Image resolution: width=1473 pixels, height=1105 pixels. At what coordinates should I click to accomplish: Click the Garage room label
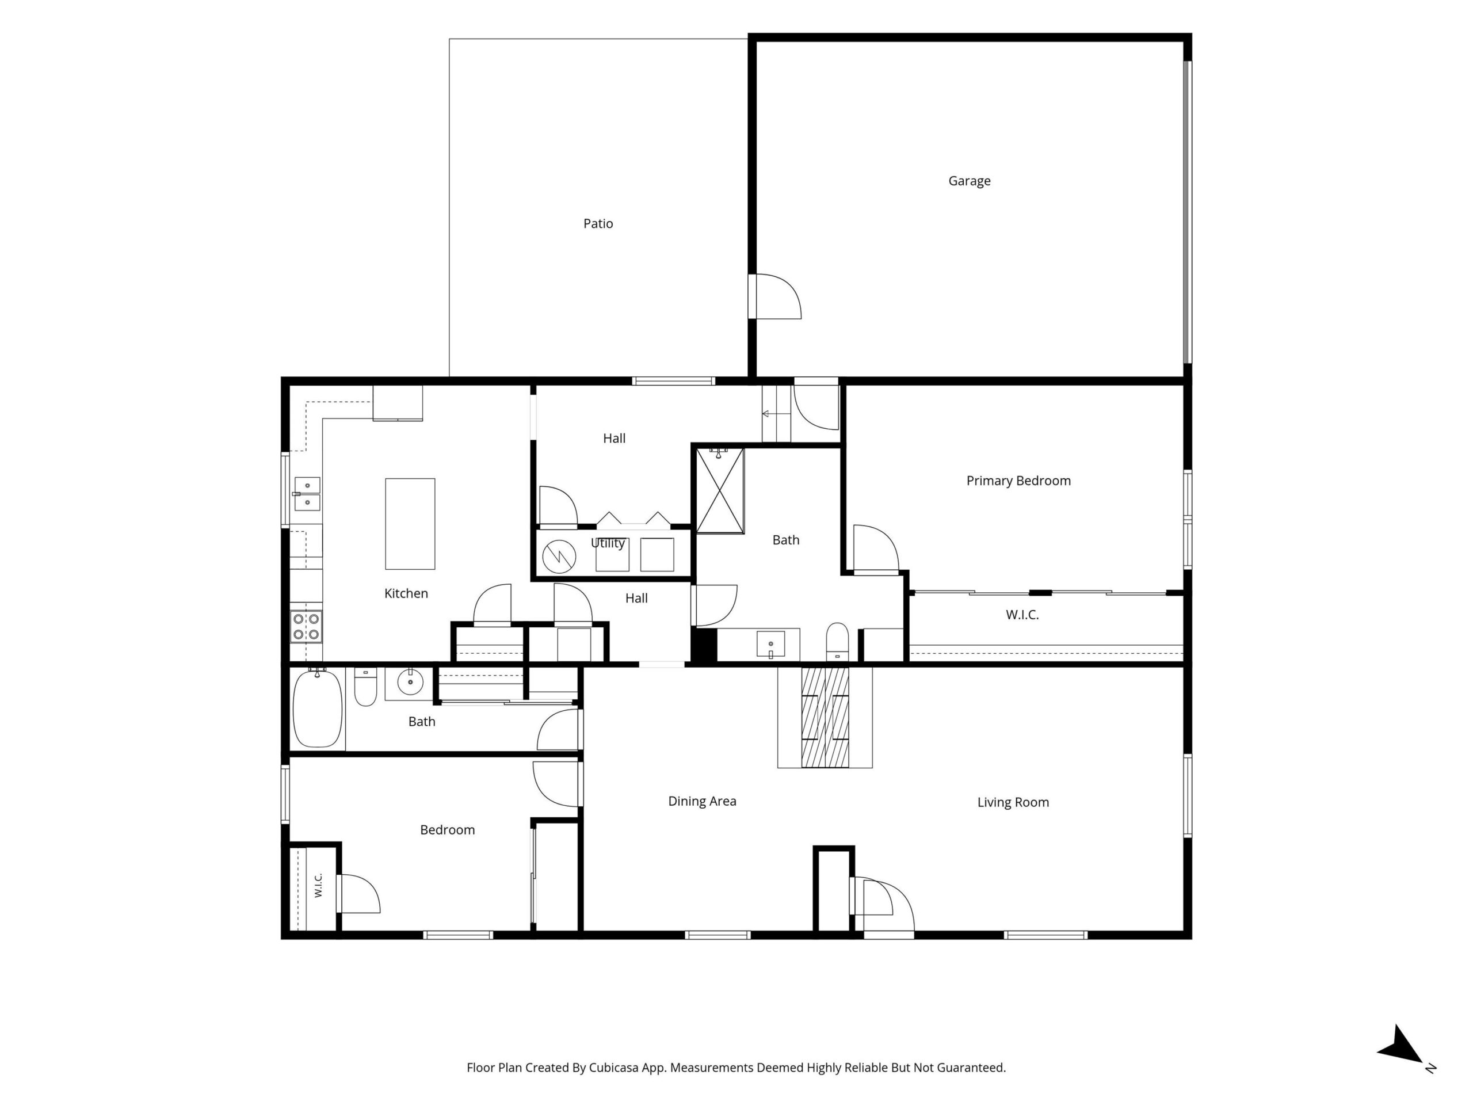click(969, 181)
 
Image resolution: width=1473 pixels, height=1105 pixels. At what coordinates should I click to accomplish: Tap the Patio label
click(598, 224)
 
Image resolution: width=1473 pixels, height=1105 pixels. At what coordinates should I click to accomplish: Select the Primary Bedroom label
click(1018, 481)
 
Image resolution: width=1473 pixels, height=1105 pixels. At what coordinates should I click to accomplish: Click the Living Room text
click(1013, 803)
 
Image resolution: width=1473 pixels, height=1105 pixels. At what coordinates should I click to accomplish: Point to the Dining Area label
click(702, 801)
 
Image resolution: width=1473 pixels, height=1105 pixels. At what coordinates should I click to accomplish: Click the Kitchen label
click(406, 593)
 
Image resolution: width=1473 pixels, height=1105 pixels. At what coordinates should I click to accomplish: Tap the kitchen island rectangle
click(410, 524)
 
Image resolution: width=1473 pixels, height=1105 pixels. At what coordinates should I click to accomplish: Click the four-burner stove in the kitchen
click(306, 627)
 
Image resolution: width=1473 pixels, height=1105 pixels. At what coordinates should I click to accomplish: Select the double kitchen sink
click(307, 494)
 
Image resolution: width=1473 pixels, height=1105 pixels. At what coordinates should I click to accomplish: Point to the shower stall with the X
click(720, 491)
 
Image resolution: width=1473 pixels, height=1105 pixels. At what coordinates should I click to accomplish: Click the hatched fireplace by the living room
click(825, 717)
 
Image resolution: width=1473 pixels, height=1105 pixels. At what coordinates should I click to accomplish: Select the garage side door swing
click(778, 296)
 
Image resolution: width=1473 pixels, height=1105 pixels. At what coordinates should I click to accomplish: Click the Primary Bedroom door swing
click(876, 548)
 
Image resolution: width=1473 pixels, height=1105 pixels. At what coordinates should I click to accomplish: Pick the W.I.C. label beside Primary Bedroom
click(1022, 615)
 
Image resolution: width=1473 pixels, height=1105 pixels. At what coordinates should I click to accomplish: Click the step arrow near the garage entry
click(776, 414)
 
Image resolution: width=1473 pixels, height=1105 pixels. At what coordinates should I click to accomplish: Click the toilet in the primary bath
click(837, 642)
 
